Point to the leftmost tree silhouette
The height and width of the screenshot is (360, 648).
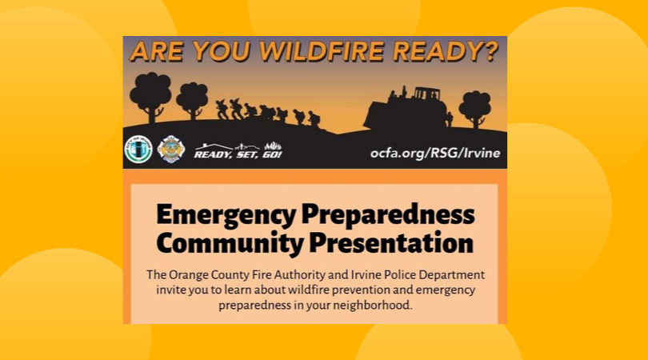(150, 93)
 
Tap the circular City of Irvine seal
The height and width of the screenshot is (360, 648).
(138, 150)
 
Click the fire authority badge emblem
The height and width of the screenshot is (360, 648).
(170, 150)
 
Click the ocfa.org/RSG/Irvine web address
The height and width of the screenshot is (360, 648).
(435, 152)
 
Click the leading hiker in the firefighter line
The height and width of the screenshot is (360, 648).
(314, 119)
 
